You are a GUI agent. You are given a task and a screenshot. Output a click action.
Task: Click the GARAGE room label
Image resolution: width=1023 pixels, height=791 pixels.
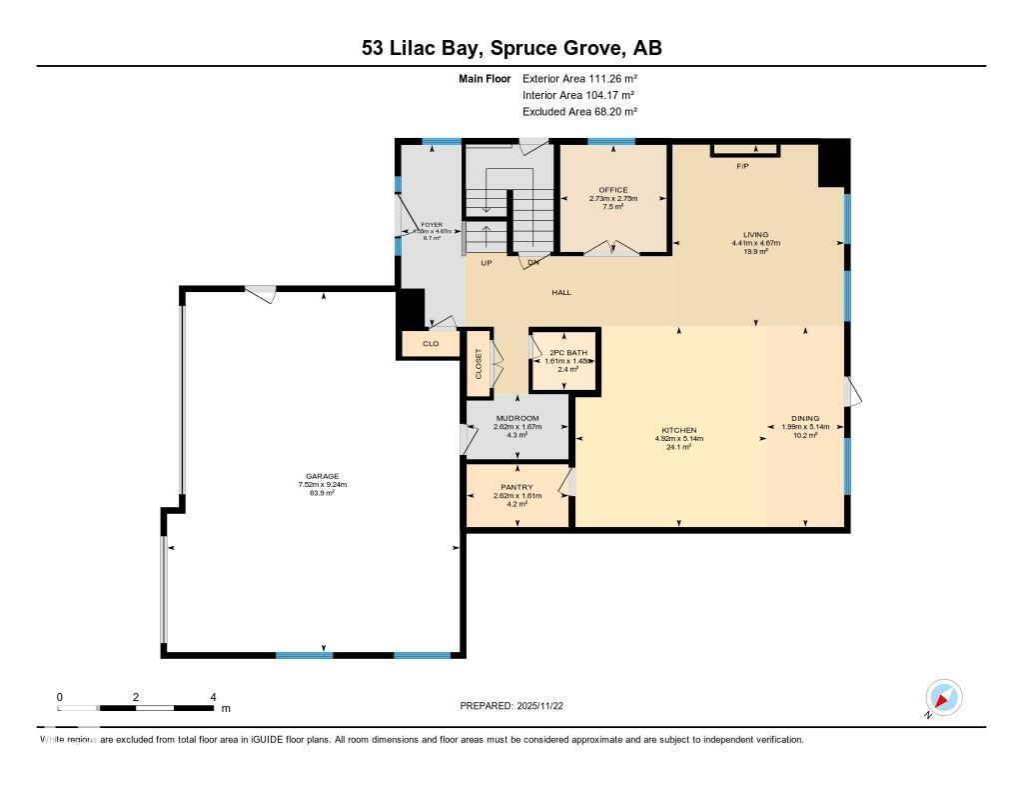pos(322,476)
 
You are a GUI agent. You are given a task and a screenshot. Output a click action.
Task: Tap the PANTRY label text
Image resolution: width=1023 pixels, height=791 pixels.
pos(516,487)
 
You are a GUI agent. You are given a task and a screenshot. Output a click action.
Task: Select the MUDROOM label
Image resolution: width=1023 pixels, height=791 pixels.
pos(516,418)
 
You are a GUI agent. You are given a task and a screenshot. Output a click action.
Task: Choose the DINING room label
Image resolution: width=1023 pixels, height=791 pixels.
pos(804,418)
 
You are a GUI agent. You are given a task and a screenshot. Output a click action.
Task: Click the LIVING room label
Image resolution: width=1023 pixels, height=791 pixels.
pos(755,234)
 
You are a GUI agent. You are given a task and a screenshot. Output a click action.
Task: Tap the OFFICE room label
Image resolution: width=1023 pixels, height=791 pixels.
pos(612,190)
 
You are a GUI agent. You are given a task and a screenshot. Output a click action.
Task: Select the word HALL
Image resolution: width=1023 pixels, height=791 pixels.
pos(561,292)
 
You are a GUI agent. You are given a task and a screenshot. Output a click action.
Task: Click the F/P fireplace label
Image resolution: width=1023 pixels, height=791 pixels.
pos(742,166)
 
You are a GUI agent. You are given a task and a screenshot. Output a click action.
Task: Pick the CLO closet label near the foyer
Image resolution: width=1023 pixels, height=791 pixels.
pos(431,344)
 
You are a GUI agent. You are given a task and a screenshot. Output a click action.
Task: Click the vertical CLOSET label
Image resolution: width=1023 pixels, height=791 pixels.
pos(479,362)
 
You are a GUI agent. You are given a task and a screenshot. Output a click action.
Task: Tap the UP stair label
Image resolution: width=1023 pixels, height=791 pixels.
pos(487,264)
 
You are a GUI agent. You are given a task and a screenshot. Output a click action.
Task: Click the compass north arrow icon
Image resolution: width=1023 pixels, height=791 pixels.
pos(943,697)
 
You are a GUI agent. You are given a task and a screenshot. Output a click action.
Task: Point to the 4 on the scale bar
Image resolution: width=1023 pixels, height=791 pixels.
pos(213,697)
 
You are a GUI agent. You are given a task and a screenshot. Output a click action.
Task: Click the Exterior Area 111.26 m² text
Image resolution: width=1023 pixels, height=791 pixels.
pos(579,78)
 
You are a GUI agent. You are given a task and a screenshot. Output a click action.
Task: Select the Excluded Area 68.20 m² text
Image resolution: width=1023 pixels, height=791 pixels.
pos(579,112)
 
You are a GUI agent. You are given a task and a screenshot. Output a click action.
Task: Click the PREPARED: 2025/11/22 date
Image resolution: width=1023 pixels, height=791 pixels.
pos(518,706)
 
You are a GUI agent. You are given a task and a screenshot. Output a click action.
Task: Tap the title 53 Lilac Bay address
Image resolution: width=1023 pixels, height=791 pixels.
pos(511,48)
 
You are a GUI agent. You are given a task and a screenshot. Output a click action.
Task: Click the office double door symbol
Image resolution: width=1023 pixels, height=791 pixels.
pos(610,248)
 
